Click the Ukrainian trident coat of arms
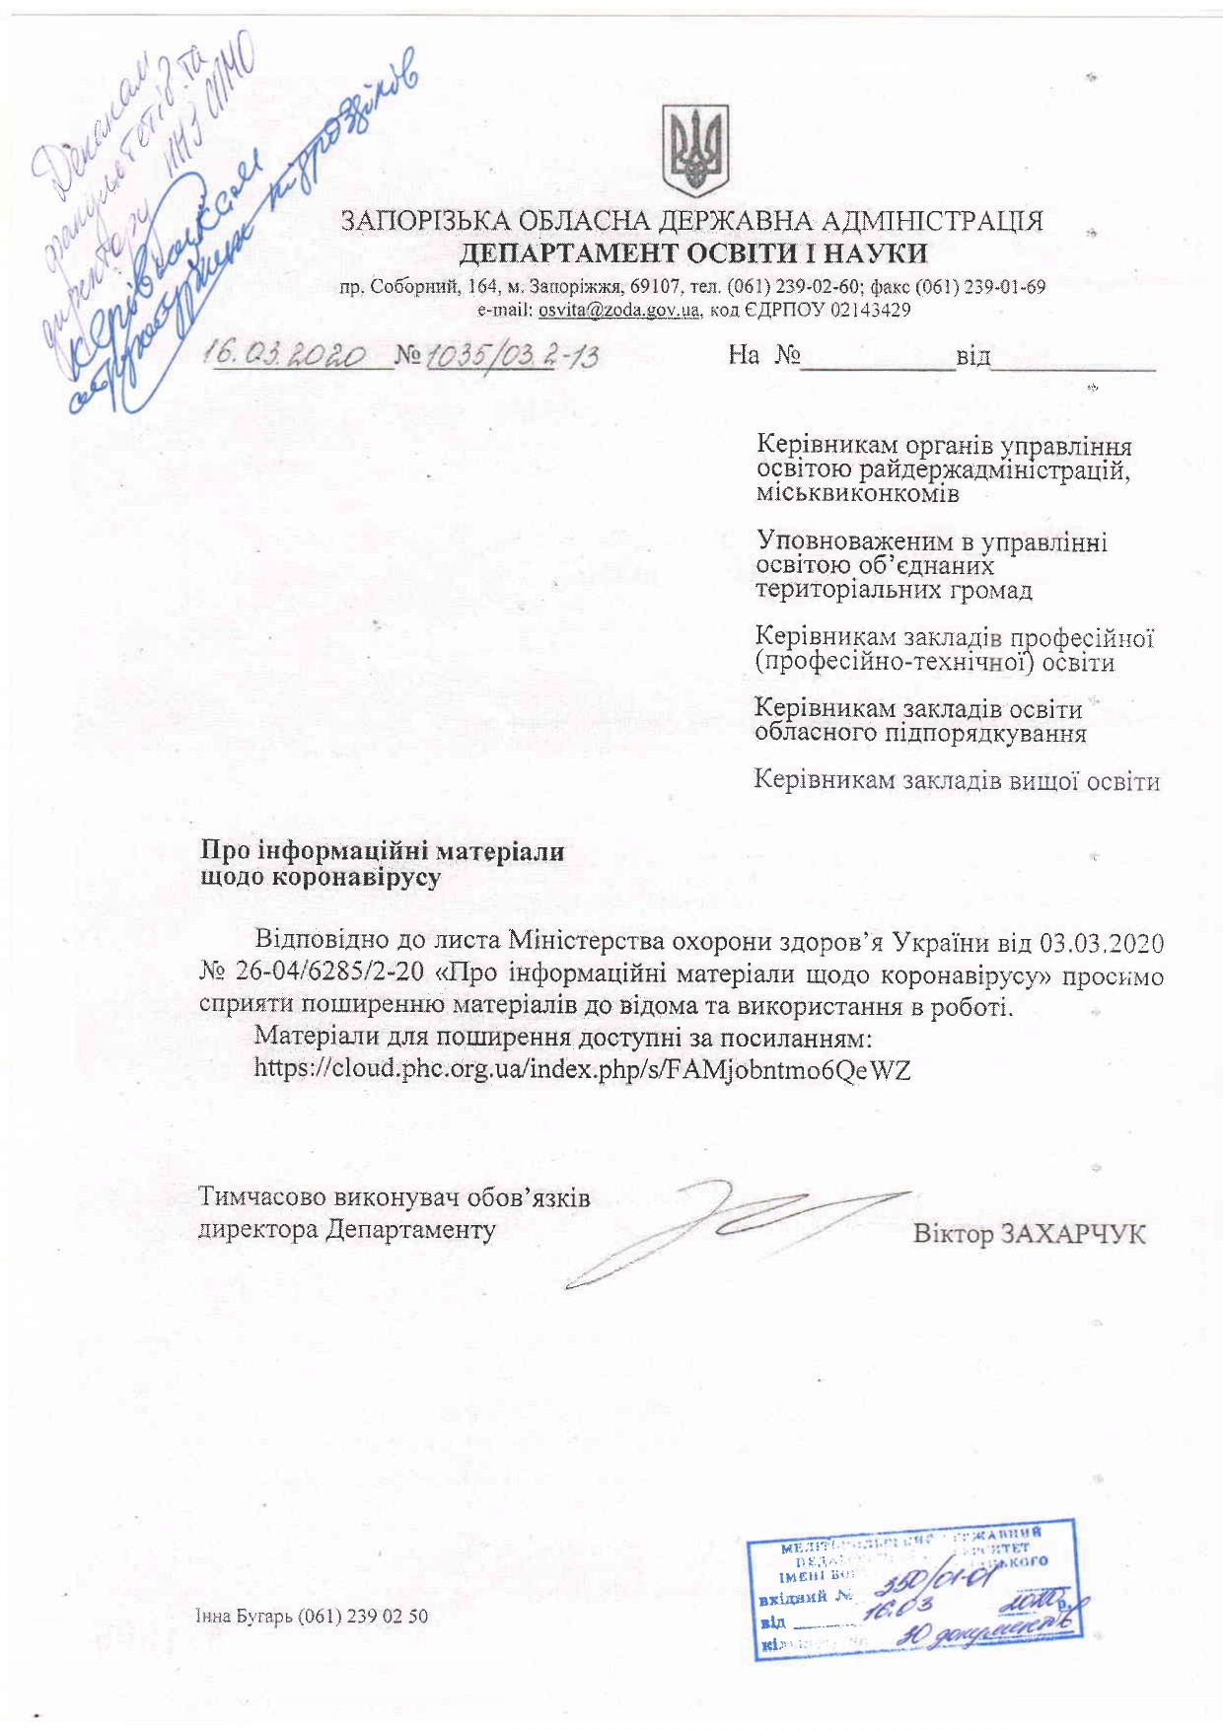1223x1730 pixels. pos(696,151)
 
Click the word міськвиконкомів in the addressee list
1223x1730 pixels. pos(857,493)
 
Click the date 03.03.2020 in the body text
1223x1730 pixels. pos(1102,942)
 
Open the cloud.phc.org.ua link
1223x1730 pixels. pos(582,1069)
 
